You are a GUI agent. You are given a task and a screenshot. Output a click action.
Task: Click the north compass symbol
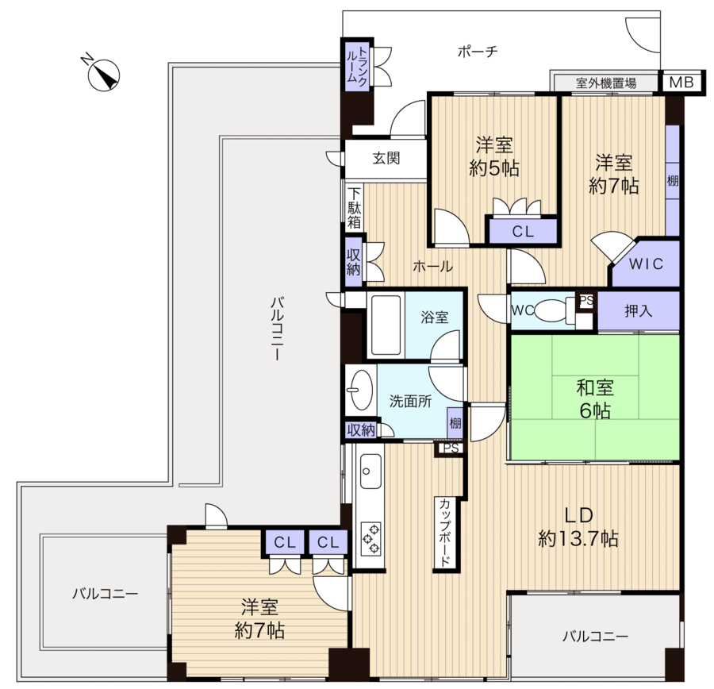pos(103,75)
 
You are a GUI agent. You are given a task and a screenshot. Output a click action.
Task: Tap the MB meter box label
pos(681,82)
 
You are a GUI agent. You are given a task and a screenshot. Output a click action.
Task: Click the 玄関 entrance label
pos(386,158)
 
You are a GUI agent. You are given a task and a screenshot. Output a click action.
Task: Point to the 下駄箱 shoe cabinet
pos(355,208)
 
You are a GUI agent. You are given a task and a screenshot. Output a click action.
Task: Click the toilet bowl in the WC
pos(552,310)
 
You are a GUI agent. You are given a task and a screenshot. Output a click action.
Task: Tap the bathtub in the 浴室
pos(386,324)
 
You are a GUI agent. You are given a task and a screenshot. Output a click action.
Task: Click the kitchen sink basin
pos(371,472)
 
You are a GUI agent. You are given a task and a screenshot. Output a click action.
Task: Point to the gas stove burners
pos(371,539)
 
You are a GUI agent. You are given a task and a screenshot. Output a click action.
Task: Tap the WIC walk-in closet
pos(646,263)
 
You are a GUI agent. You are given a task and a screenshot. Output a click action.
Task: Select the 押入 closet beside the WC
pos(639,310)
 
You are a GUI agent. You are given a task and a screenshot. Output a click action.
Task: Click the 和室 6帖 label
pos(595,399)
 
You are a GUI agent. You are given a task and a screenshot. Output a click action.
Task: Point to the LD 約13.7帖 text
pos(578,527)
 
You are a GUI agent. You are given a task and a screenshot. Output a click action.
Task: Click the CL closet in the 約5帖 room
pos(524,231)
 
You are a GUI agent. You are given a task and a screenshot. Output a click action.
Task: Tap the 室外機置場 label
pos(606,83)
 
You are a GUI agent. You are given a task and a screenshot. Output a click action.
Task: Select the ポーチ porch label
pos(478,51)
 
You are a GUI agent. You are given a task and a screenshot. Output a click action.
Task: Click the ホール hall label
pos(432,266)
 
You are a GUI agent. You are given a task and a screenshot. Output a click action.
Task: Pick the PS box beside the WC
pos(587,300)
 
